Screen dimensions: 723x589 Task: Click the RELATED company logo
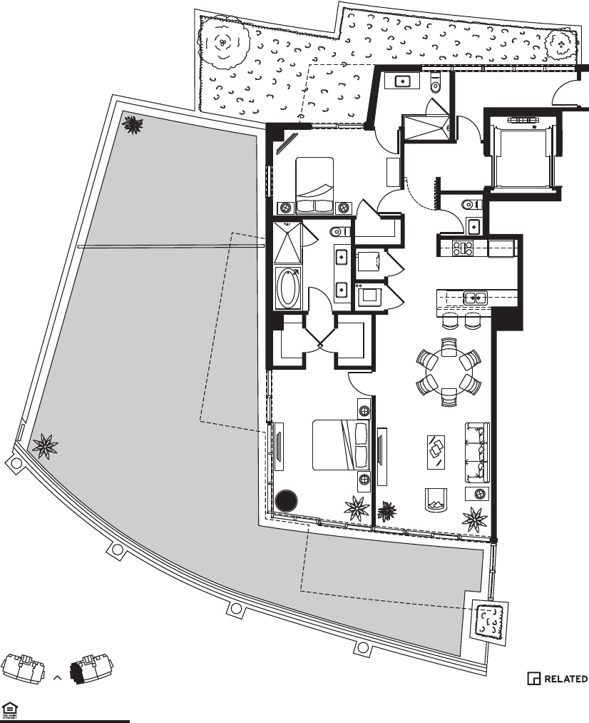pyautogui.click(x=558, y=678)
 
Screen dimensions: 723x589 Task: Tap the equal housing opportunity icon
pyautogui.click(x=9, y=708)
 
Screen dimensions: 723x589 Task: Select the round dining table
pyautogui.click(x=448, y=372)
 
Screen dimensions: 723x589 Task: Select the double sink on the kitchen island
pyautogui.click(x=473, y=297)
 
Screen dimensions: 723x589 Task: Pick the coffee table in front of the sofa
pyautogui.click(x=436, y=451)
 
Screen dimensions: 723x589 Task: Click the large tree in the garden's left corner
pyautogui.click(x=224, y=41)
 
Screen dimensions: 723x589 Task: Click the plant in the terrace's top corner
pyautogui.click(x=132, y=125)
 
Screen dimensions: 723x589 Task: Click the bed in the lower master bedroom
pyautogui.click(x=341, y=445)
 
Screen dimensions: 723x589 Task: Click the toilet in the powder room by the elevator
pyautogui.click(x=471, y=204)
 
